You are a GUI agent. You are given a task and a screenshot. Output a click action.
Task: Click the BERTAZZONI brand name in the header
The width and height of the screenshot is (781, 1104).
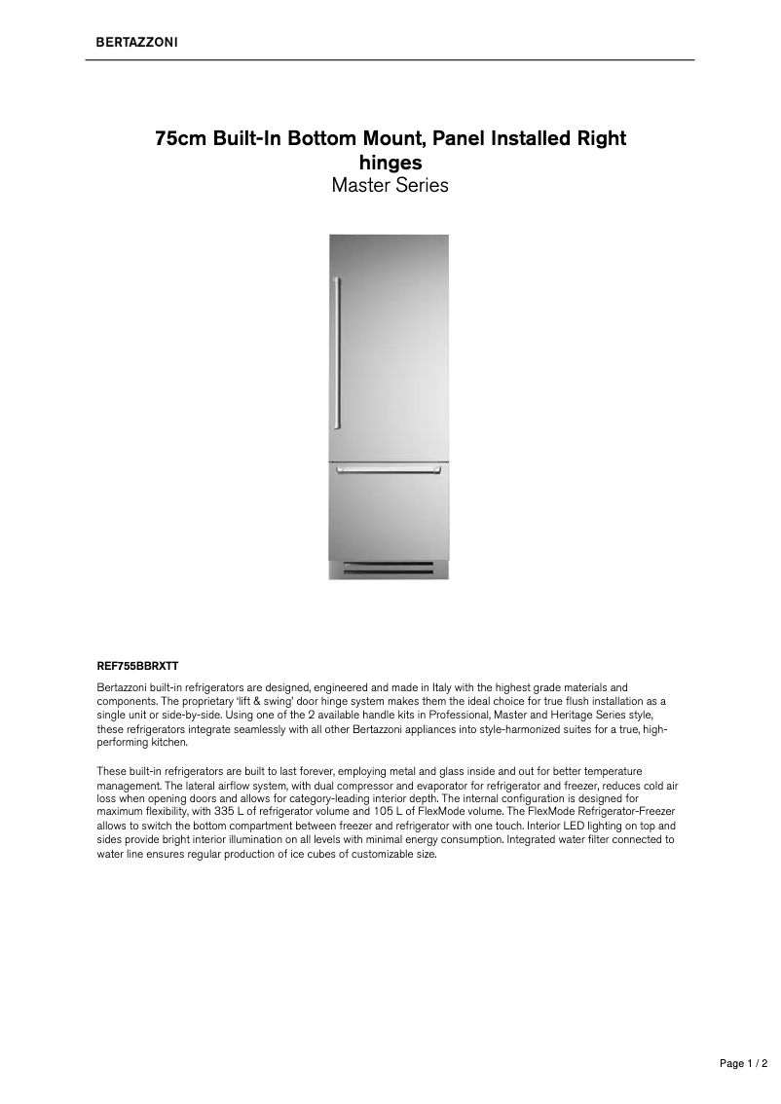(135, 43)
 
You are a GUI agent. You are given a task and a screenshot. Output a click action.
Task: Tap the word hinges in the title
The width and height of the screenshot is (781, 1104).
(390, 162)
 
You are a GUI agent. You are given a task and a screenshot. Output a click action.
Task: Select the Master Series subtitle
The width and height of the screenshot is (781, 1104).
(390, 185)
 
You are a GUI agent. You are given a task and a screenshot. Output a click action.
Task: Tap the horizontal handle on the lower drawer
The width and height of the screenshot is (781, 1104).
(389, 470)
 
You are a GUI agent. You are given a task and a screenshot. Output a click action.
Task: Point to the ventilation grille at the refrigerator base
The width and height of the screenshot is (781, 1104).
(389, 569)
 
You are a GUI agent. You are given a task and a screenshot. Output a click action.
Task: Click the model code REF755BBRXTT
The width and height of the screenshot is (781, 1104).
(137, 667)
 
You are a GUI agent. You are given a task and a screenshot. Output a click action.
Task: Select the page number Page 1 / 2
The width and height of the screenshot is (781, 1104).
(744, 1064)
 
